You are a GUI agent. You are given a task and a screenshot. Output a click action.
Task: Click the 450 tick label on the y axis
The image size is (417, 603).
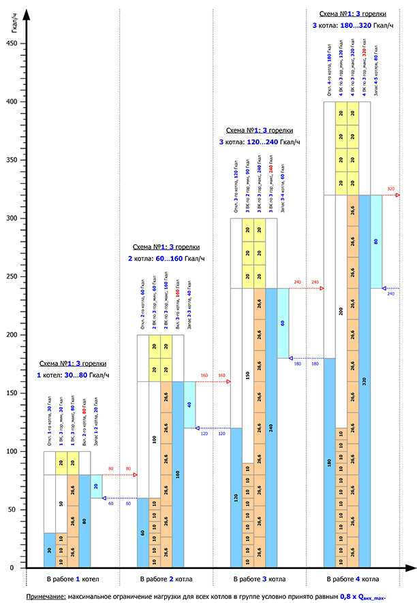coord(10,44)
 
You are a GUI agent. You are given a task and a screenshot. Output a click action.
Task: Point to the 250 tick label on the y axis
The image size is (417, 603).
coord(10,276)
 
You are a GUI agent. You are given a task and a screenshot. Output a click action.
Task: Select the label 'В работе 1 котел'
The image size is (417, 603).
coord(72,579)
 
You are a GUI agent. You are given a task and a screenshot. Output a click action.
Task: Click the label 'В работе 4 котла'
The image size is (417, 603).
coord(353,579)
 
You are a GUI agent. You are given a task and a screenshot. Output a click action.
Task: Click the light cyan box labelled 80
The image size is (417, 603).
coord(376,242)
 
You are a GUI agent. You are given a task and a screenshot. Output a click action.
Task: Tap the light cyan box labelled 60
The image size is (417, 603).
coord(283,323)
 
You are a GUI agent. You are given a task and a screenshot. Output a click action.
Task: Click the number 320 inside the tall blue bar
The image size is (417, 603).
coord(365,382)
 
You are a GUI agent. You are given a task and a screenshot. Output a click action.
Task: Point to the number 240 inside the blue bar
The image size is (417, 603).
coord(271,428)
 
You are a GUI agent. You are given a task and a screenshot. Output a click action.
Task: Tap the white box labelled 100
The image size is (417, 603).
coord(154,439)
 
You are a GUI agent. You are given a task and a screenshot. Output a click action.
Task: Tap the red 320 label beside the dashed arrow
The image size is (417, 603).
coord(390,189)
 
